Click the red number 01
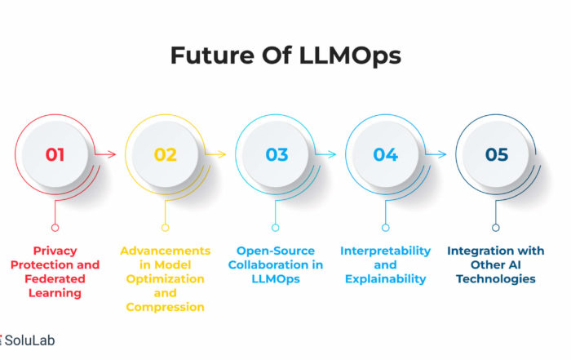pos(55,154)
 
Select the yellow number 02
pos(166,154)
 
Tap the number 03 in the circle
pos(277,154)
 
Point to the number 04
pos(386,154)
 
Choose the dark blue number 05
pos(497,154)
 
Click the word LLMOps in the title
pos(350,56)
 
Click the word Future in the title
pos(213,56)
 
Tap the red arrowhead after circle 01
pos(112,154)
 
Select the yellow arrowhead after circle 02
pos(222,154)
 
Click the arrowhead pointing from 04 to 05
pos(442,154)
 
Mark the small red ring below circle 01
pos(55,228)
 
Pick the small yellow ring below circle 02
pos(166,228)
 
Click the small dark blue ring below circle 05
pos(496,228)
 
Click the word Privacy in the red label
pos(55,251)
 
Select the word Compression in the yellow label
pos(166,308)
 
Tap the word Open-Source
pos(276,251)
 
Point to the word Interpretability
pos(386,251)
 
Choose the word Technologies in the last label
pos(496,279)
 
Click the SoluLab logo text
pos(29,340)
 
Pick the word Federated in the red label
pos(55,279)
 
